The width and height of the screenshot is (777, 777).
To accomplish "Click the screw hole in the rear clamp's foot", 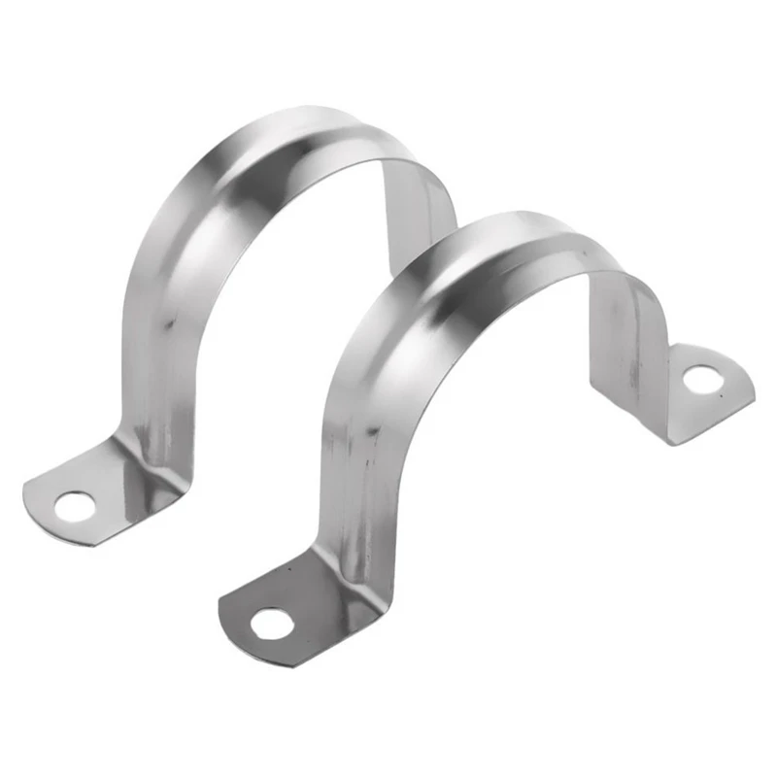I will click(x=74, y=505).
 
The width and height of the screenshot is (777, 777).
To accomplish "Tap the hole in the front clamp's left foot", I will click(x=271, y=624).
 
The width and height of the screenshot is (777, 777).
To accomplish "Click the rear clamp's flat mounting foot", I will click(x=87, y=490).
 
